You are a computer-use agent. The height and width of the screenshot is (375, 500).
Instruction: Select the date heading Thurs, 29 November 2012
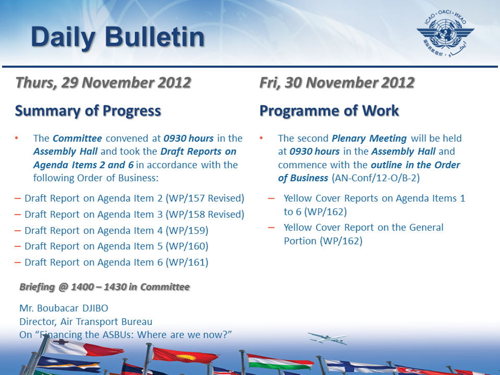103,83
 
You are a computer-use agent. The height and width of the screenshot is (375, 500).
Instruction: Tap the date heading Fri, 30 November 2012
337,83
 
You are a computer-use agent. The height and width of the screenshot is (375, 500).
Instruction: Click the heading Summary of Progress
88,111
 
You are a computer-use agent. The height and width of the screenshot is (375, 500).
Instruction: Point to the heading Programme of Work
329,111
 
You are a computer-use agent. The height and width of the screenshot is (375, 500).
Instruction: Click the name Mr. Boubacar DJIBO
64,308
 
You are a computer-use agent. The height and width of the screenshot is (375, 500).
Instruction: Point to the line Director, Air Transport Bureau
86,321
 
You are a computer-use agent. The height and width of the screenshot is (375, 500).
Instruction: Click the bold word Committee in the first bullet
77,139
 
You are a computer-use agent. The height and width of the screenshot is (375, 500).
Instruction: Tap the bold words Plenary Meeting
369,139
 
